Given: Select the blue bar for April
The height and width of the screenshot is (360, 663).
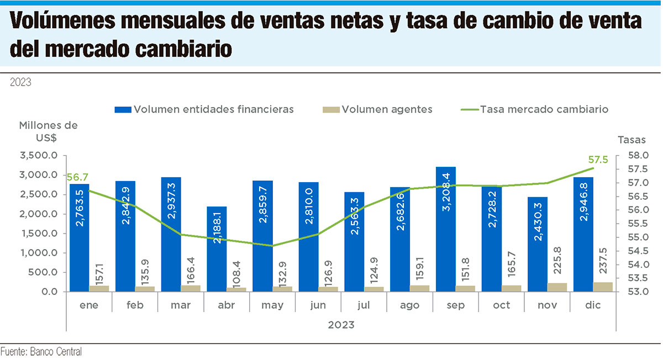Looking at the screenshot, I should click(x=217, y=248).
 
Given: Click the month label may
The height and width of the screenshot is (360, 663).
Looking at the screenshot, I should click(x=272, y=305).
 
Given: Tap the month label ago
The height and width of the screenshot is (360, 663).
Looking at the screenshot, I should click(x=410, y=305).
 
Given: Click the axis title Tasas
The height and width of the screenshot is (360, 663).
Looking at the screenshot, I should click(x=632, y=139).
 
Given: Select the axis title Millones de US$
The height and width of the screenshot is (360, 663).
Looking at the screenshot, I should click(x=48, y=131).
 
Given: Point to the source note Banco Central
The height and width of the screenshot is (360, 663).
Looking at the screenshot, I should click(x=41, y=351).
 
